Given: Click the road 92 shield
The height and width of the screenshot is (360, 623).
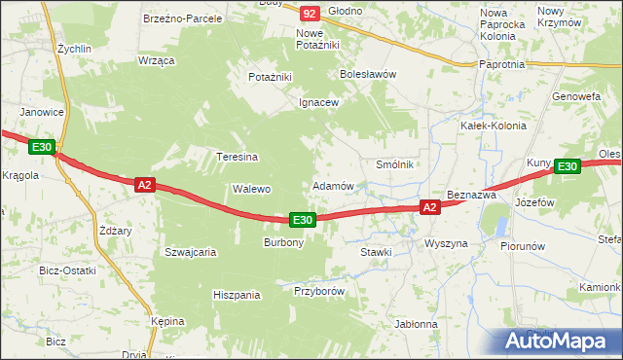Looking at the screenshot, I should tap(310, 14).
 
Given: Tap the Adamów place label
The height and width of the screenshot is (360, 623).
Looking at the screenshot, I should tap(332, 185).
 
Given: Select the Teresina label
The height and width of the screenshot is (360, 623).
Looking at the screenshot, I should tap(237, 157).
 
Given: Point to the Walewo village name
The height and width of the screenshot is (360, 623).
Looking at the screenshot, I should tap(250, 189).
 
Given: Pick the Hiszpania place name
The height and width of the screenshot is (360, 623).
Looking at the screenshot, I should tap(238, 294).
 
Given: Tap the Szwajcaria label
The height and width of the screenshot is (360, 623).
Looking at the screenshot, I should tap(190, 251).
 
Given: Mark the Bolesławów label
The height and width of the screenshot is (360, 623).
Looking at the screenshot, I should tap(367, 73).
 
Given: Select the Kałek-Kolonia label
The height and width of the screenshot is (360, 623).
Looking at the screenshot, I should tap(494, 126).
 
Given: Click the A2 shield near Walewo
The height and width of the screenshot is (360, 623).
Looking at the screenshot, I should tap(144, 184).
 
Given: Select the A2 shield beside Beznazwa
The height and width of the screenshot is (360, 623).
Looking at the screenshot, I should tap(430, 207).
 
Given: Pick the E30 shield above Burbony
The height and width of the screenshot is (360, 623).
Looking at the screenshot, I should tap(303, 221).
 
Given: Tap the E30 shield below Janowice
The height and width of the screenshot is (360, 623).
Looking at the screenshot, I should tap(41, 147).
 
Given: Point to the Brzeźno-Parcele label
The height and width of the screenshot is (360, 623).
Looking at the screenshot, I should tap(182, 18).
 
